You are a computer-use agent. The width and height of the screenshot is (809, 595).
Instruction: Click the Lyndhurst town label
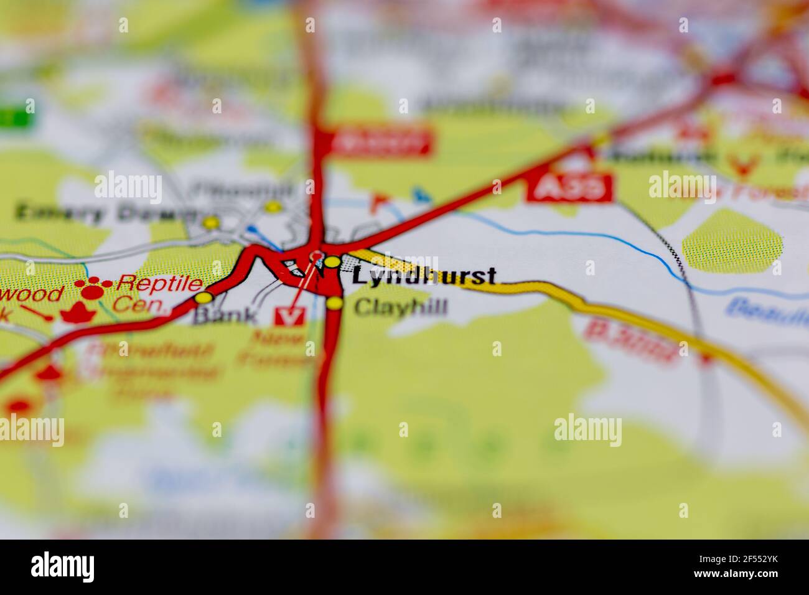pos(424,276)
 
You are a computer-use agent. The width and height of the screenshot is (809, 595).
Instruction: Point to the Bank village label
pos(225,316)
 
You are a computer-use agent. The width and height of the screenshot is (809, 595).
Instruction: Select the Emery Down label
pos(103,213)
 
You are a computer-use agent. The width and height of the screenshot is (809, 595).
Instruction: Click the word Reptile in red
pos(160,284)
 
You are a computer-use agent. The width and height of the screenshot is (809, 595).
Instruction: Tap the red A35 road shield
pos(569,187)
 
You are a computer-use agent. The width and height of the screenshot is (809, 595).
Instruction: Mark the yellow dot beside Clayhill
pos(335,303)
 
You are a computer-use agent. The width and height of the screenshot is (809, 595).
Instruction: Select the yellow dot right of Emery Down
pos(212,222)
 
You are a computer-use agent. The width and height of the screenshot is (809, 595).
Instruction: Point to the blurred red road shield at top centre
pos(380,142)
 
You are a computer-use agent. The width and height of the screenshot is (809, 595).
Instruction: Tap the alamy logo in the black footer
pos(63,566)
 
